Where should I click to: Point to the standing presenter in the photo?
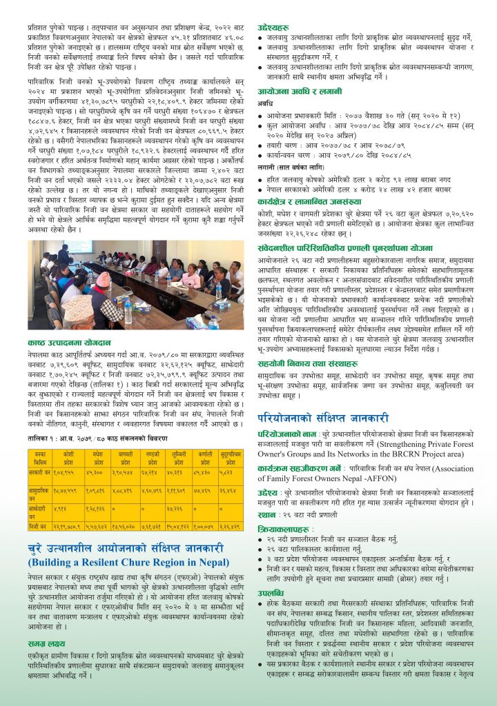click(64, 256)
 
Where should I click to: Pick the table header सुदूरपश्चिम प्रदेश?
click(231, 456)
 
